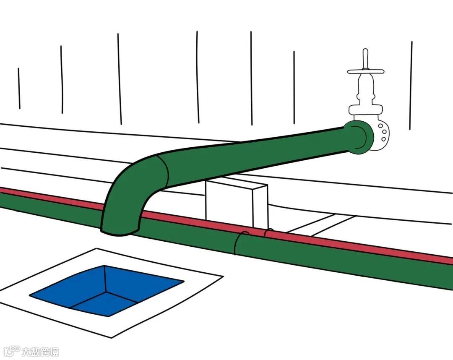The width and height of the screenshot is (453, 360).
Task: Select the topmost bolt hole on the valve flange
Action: [x=380, y=125]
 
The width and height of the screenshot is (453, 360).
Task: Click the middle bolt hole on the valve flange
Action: [x=383, y=133]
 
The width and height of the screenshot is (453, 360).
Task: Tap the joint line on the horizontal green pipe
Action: [x=237, y=243]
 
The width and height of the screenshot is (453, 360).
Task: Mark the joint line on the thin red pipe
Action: [x=265, y=232]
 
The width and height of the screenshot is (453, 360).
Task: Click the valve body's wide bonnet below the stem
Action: [x=364, y=109]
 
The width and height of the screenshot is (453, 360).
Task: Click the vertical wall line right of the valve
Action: [x=411, y=84]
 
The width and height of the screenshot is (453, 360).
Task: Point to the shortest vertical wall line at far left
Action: [x=19, y=88]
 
